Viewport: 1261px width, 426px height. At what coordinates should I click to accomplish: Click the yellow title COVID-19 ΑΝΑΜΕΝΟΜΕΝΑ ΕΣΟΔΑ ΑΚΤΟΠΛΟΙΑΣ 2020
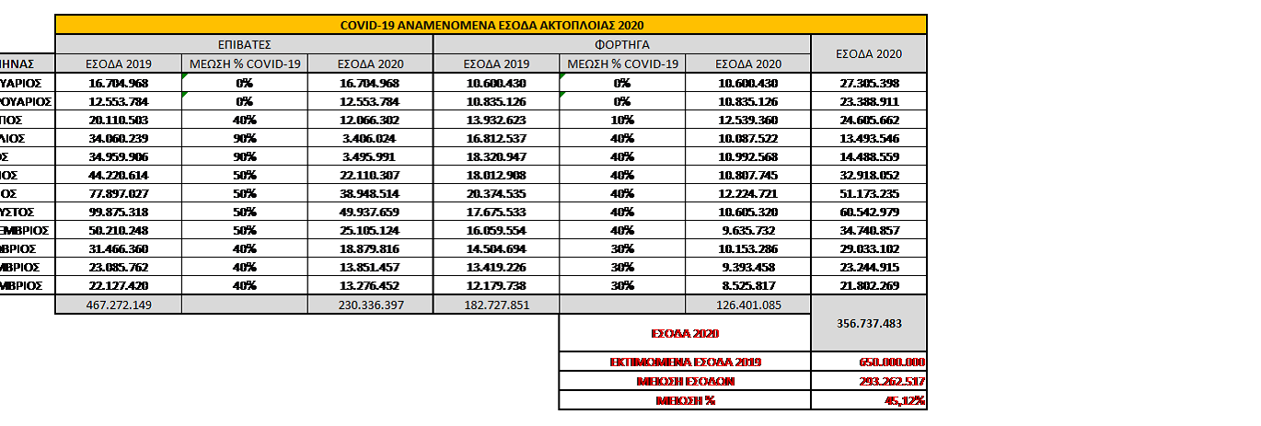[492, 25]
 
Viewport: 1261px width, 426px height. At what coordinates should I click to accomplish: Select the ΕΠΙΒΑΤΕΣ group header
[243, 44]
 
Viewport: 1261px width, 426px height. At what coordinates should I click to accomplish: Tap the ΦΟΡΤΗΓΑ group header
[621, 44]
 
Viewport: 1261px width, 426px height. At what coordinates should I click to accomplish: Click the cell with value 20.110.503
[119, 120]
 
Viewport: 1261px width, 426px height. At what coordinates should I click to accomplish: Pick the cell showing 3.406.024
[369, 138]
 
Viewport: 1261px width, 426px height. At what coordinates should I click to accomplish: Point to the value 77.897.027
[119, 193]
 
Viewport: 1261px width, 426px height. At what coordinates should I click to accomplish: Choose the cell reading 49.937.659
[369, 212]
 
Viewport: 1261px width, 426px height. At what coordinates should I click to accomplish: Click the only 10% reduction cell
[622, 120]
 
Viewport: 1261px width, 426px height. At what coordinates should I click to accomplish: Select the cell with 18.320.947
[496, 156]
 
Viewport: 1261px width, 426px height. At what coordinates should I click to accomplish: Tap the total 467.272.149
[119, 305]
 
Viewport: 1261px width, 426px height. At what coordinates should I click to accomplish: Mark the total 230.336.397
[369, 305]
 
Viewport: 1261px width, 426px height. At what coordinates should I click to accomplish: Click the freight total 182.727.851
[496, 305]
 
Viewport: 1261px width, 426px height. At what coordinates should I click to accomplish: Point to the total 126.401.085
[747, 305]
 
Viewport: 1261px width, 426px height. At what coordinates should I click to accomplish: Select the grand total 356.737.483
[867, 323]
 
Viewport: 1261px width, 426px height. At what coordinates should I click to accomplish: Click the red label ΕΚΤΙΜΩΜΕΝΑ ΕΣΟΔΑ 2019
[685, 362]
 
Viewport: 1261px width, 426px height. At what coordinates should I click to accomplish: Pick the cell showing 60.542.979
[867, 212]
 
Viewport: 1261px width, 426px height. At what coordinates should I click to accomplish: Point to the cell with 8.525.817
[747, 285]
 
